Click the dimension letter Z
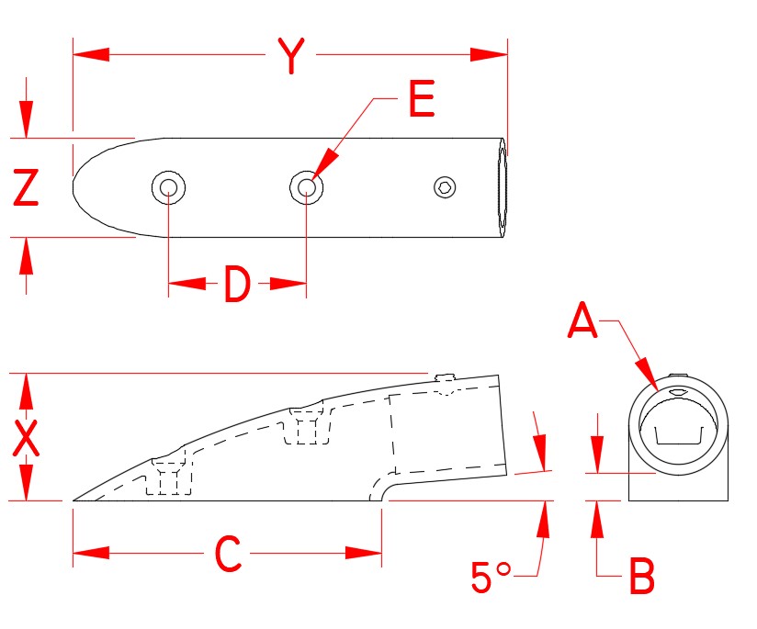(x=26, y=188)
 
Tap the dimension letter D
(x=237, y=286)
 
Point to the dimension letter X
(x=27, y=438)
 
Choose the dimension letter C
(x=227, y=554)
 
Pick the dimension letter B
(x=640, y=578)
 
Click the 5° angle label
(x=491, y=577)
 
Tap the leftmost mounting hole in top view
(x=169, y=188)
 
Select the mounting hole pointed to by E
(x=306, y=188)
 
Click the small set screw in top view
(x=445, y=187)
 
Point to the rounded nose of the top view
(x=83, y=187)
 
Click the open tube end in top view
(x=502, y=188)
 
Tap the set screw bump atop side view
(x=445, y=379)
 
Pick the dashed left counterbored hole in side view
(x=170, y=477)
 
